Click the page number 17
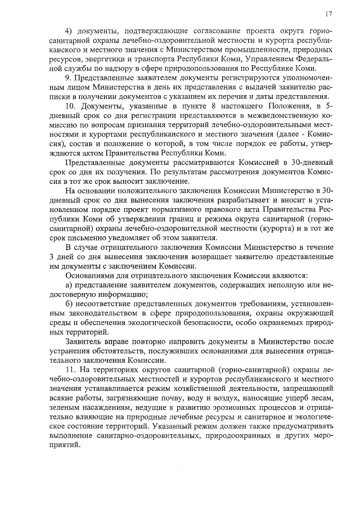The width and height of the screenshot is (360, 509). [x=328, y=13]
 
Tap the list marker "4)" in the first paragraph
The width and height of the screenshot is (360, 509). [x=70, y=30]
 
